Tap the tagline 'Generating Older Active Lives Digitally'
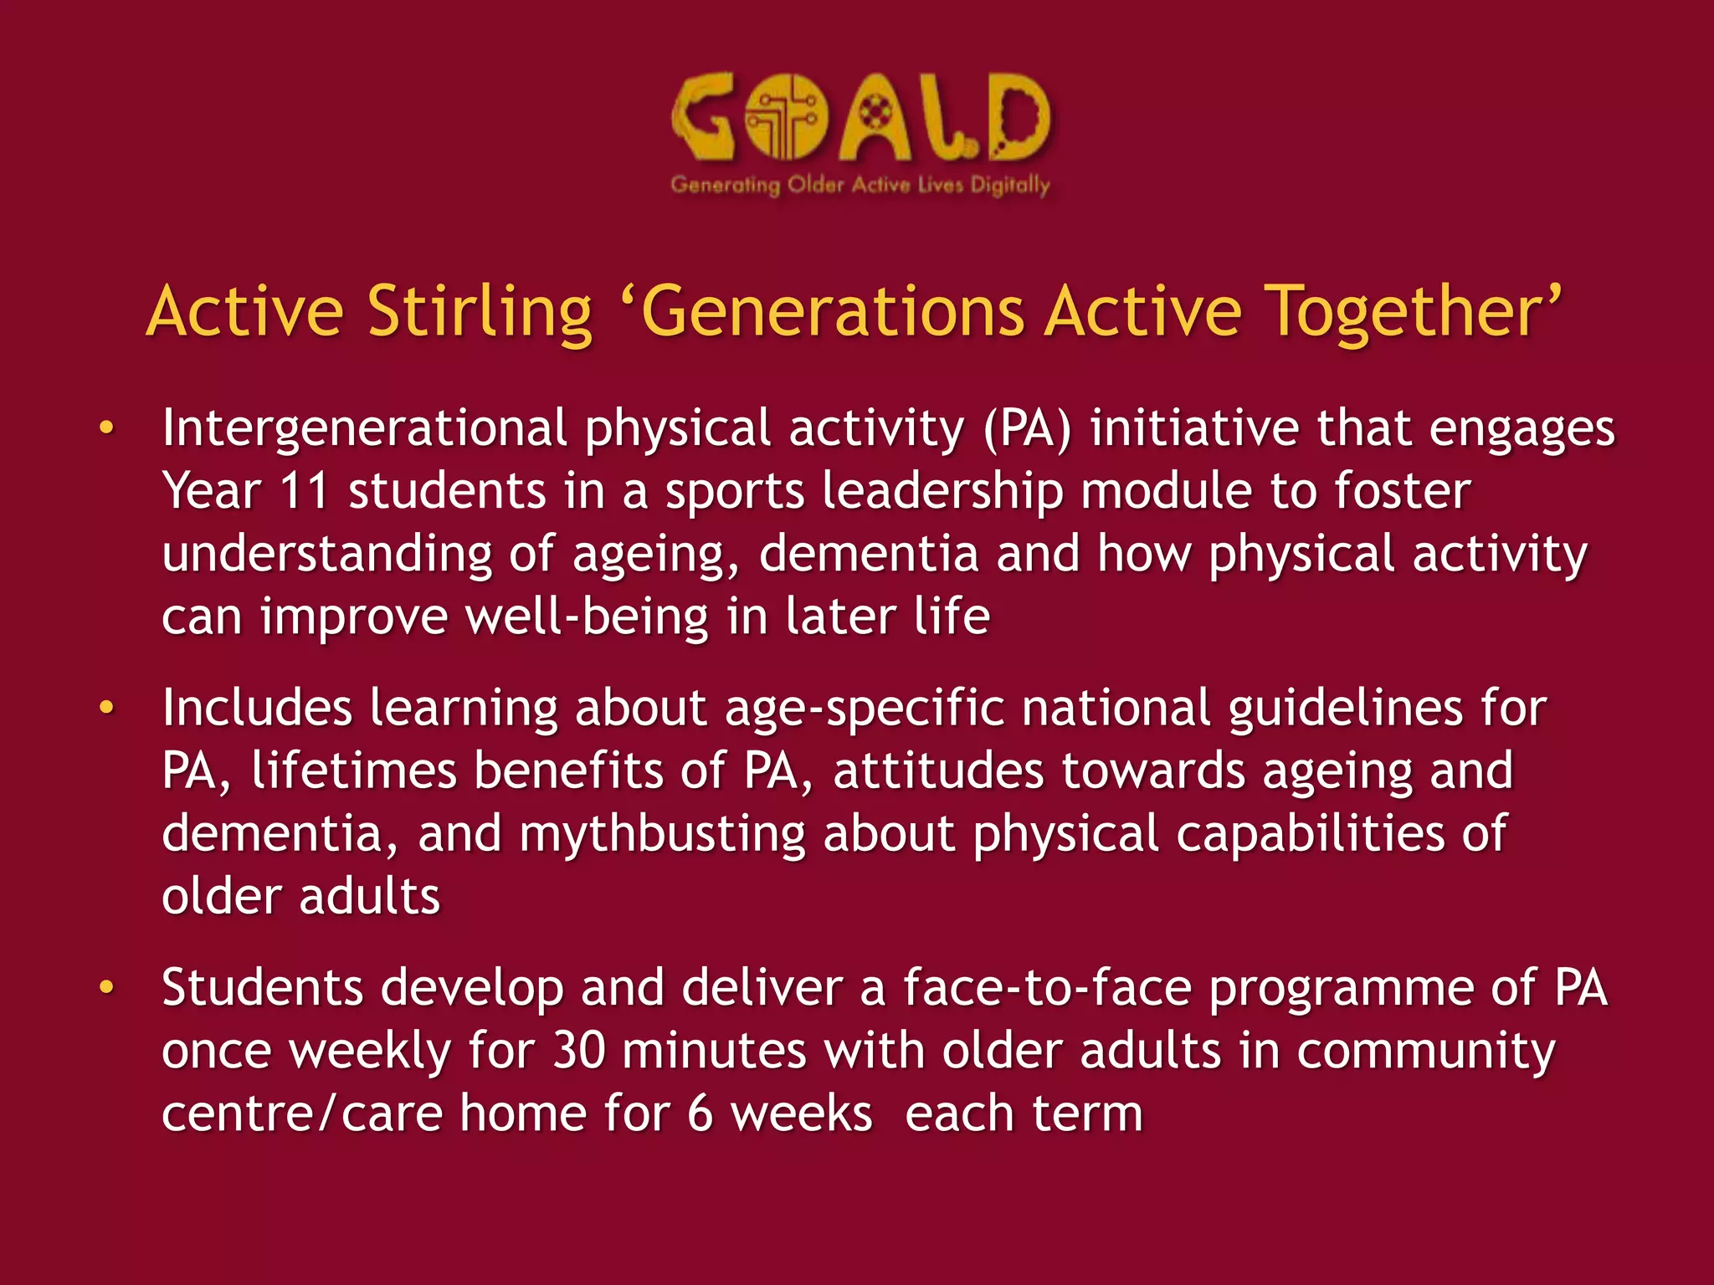(x=860, y=185)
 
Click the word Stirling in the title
(x=480, y=312)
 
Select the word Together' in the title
(x=1414, y=312)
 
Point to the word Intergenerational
(x=365, y=428)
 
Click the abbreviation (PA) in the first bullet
(x=1027, y=428)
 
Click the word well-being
(x=587, y=617)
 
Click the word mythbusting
(x=662, y=834)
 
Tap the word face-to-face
(x=1047, y=988)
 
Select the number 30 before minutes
(x=579, y=1051)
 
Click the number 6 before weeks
(x=700, y=1114)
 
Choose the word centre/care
(x=301, y=1114)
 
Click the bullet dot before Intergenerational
(x=106, y=428)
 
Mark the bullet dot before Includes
(x=106, y=709)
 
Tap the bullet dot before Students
(x=106, y=988)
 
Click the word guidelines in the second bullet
(x=1346, y=709)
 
